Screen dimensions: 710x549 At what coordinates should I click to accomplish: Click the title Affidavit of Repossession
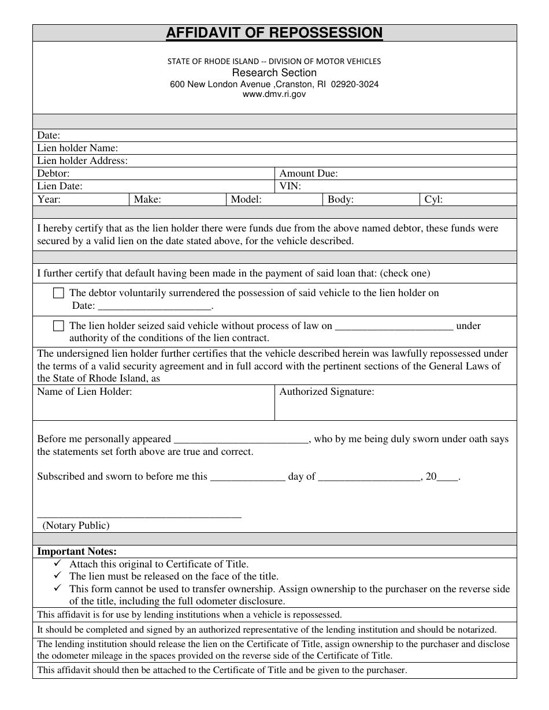click(x=274, y=33)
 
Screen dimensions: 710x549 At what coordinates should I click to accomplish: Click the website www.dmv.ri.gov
click(x=274, y=95)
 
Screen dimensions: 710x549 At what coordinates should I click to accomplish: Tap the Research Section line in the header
click(x=274, y=73)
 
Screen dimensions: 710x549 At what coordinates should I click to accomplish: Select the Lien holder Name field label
click(x=77, y=148)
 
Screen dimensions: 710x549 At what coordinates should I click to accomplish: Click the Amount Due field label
click(x=309, y=174)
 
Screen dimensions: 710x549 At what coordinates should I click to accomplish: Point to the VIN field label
click(x=290, y=186)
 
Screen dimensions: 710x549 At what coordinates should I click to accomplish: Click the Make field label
click(x=147, y=200)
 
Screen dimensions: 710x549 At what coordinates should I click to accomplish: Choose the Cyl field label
click(x=433, y=200)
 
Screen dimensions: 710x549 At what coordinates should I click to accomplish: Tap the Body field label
click(x=340, y=200)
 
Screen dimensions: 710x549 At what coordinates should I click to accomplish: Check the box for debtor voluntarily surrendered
click(x=58, y=293)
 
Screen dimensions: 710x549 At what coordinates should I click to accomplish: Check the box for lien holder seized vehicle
click(x=58, y=326)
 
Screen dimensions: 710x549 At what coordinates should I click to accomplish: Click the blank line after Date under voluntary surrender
click(x=155, y=307)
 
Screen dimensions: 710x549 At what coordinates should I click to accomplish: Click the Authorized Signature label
click(x=327, y=392)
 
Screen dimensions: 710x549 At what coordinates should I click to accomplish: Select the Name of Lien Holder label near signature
click(x=84, y=392)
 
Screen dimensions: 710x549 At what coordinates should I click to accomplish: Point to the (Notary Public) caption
click(x=76, y=525)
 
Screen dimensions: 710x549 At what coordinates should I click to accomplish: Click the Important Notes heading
click(x=77, y=552)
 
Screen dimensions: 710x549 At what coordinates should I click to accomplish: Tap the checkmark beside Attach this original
click(x=57, y=563)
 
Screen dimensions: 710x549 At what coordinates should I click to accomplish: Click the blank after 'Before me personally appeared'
click(x=240, y=440)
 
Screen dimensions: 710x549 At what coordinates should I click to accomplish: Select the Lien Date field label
click(x=60, y=186)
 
